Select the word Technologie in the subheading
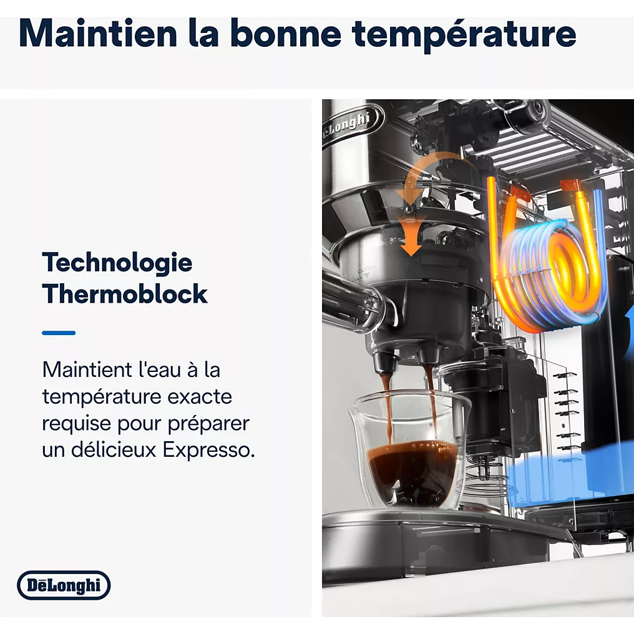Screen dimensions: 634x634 (117, 262)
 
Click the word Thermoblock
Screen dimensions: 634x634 (125, 294)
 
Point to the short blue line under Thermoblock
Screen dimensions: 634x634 (59, 333)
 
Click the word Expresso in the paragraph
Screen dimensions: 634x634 (209, 450)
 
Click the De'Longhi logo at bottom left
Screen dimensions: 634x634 (64, 585)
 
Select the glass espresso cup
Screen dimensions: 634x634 (408, 449)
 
